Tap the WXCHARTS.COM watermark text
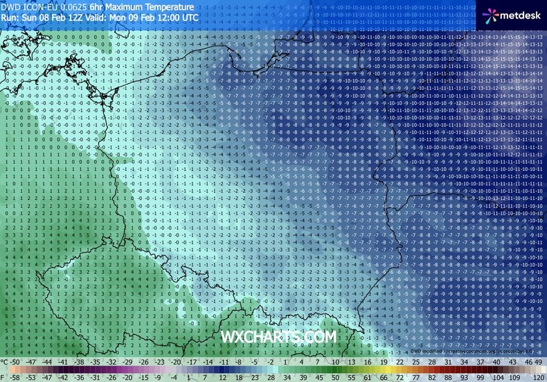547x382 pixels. tap(278, 336)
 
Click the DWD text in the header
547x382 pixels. tap(10, 6)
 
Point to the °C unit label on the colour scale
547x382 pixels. tap(6, 362)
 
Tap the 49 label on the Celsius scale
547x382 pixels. tap(539, 362)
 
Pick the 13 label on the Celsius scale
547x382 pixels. tap(352, 362)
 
